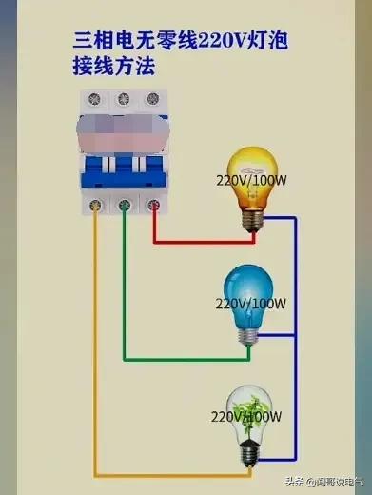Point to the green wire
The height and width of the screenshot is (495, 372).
190,360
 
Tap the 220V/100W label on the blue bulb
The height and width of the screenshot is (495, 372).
251,304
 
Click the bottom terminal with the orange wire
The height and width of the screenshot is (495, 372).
94,202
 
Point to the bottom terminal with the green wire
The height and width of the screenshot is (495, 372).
125,202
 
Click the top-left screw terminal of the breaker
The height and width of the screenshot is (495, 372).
94,98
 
